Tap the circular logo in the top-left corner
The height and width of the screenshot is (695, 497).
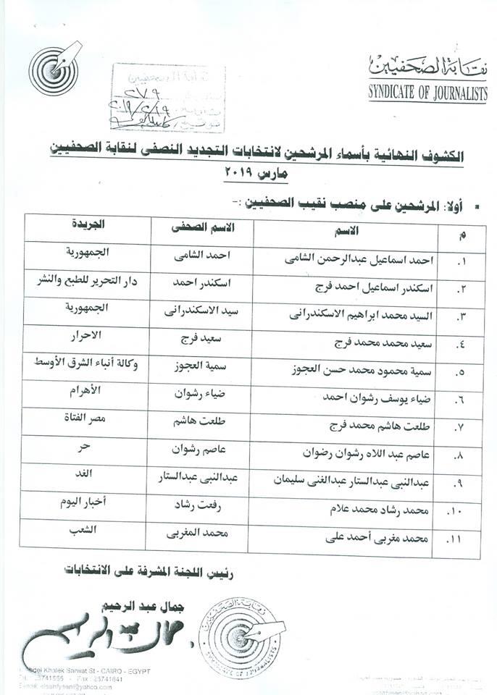point(54,67)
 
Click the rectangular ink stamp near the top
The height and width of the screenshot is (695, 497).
point(168,98)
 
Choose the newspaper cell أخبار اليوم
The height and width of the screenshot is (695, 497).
point(87,505)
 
